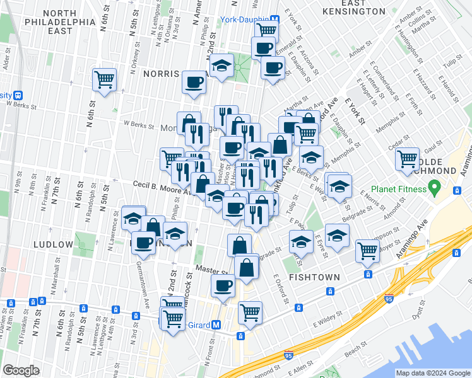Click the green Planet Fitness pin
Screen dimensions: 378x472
(x=434, y=187)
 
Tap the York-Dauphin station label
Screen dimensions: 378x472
(x=244, y=20)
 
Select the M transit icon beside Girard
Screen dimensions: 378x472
(x=215, y=325)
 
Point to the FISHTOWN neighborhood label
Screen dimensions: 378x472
(x=314, y=277)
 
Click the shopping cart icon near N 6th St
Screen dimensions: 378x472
(x=104, y=80)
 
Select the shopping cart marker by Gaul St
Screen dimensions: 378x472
(x=407, y=159)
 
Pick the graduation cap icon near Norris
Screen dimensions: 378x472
(x=221, y=66)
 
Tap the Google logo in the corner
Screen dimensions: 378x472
(x=21, y=370)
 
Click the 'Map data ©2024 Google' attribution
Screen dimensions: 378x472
(x=433, y=373)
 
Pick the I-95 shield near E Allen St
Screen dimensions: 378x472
(x=288, y=356)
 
